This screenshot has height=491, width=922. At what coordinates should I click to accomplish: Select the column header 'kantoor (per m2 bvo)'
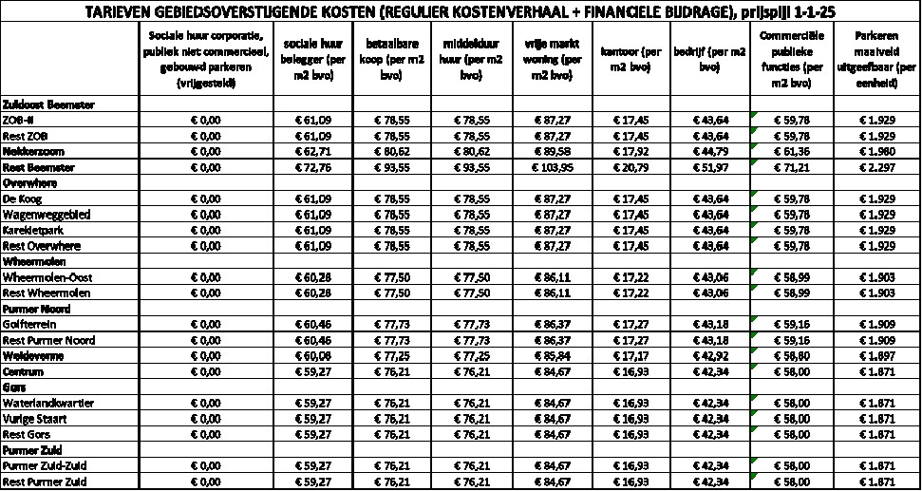pyautogui.click(x=631, y=60)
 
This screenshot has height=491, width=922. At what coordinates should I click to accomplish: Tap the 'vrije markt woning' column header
pyautogui.click(x=553, y=60)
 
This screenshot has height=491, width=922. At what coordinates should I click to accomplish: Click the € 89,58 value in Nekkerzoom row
pyautogui.click(x=553, y=151)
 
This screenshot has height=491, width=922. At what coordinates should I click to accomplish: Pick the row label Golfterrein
pyautogui.click(x=31, y=325)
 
